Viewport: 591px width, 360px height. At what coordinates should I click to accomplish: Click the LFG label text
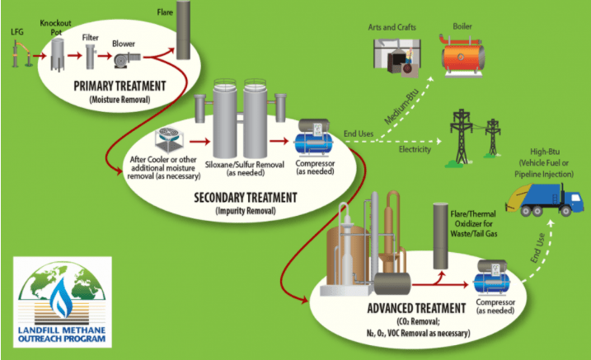17,32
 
